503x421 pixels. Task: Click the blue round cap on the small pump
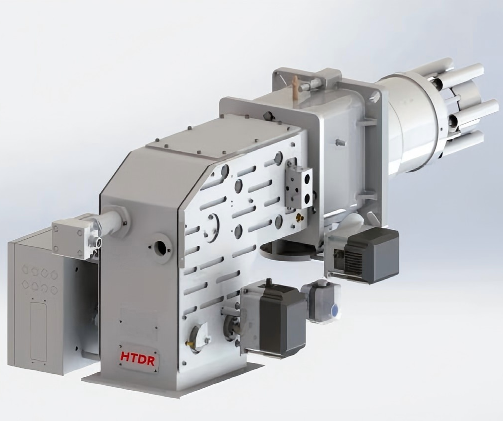click(x=335, y=310)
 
